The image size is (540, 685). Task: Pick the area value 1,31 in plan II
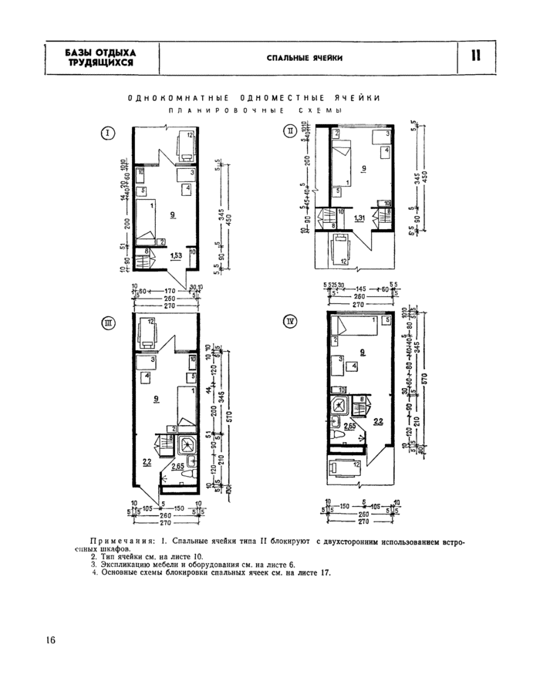(x=359, y=219)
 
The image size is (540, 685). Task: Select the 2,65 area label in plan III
(x=177, y=466)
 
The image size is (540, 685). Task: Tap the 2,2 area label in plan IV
(x=377, y=422)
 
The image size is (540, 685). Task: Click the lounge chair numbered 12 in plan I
(x=185, y=143)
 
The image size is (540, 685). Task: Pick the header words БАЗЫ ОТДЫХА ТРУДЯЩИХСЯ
(x=100, y=57)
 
